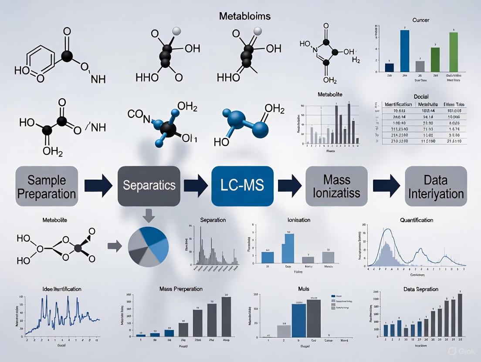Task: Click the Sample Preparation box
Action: pyautogui.click(x=47, y=187)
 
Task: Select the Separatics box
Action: pyautogui.click(x=149, y=185)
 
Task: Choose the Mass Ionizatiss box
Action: pyautogui.click(x=332, y=186)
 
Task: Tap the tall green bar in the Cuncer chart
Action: pyautogui.click(x=454, y=52)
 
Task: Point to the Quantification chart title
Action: pyautogui.click(x=416, y=220)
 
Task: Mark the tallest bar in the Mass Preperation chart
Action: pyautogui.click(x=226, y=316)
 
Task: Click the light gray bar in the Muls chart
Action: pyautogui.click(x=284, y=331)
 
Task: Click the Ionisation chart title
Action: pyautogui.click(x=299, y=220)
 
